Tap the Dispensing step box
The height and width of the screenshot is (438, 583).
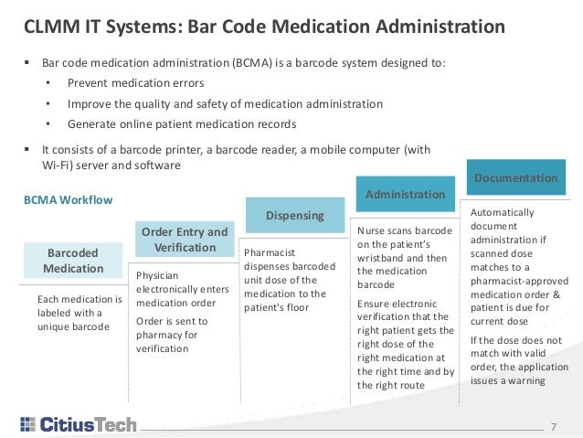point(295,216)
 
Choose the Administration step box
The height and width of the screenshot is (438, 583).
point(405,194)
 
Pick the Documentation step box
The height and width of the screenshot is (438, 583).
point(515,177)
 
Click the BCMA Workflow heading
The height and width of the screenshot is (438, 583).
point(67,197)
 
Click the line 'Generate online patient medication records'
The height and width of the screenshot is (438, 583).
point(182,123)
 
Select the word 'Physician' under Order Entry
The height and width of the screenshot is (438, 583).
point(157,274)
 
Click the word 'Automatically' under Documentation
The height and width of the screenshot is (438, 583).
point(503,212)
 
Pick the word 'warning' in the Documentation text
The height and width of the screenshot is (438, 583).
point(526,379)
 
